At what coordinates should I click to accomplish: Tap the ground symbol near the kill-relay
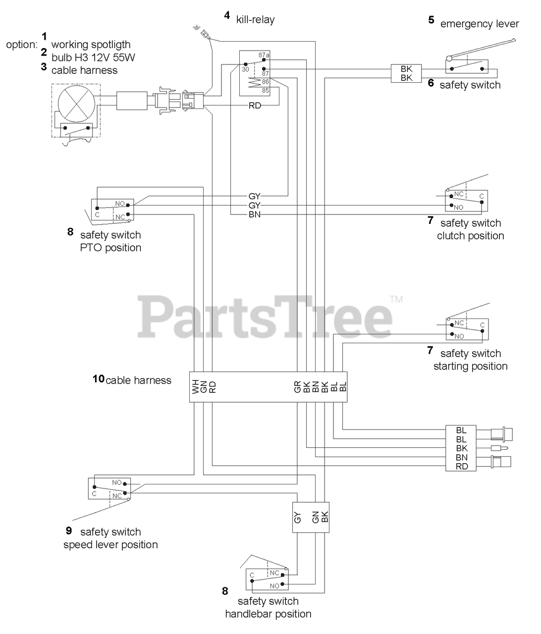196,28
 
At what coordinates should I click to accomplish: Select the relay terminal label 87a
264,55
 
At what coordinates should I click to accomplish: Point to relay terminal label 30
246,70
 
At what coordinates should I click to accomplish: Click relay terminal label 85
266,91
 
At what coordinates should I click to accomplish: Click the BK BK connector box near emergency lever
406,73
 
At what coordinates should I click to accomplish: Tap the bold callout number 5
431,20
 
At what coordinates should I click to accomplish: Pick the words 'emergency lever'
480,24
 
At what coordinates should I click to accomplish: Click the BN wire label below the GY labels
255,214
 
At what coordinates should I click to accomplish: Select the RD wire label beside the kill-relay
255,106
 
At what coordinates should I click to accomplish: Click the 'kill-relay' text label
255,20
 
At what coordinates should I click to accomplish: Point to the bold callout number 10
99,379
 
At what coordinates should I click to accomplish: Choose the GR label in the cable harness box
297,387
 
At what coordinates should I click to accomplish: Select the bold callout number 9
69,530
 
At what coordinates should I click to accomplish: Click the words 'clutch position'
471,236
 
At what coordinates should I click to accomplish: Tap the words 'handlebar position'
268,614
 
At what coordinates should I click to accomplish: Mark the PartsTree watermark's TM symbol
396,299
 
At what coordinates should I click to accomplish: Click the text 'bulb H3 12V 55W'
93,57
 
